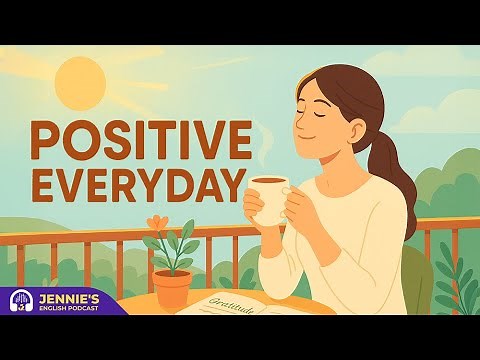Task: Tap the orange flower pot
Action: point(173,289)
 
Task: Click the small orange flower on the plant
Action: point(155,223)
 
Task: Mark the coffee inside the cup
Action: point(268,181)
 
